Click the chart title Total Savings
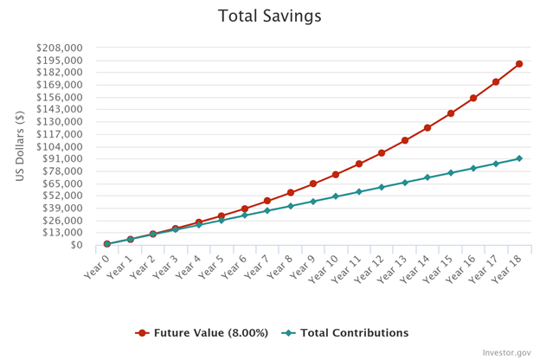[x=269, y=16]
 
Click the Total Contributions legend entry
[x=345, y=332]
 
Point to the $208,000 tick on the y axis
[x=59, y=48]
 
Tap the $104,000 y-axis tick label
[x=59, y=146]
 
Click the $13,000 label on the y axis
[x=62, y=233]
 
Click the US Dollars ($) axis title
[x=20, y=146]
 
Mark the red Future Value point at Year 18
[x=519, y=64]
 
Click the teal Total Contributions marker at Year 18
[x=519, y=158]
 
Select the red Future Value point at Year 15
[x=451, y=113]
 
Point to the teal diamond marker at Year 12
[x=382, y=187]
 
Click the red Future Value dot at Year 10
[x=336, y=175]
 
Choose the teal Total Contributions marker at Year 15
[x=451, y=173]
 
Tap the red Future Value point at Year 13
[x=405, y=140]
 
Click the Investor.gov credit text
[x=507, y=352]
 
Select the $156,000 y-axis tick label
[x=59, y=97]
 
